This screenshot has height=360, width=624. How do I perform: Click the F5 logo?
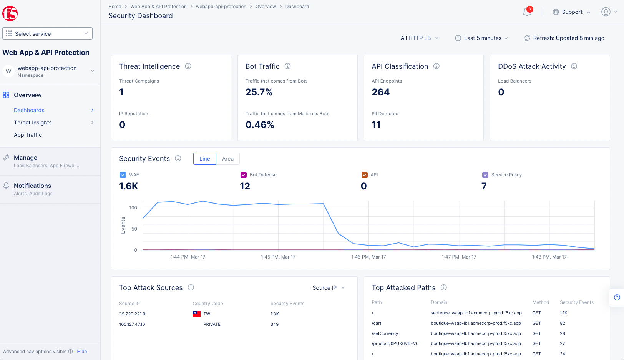(10, 13)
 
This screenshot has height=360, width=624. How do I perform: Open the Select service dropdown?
(47, 33)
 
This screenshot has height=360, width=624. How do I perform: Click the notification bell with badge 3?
(527, 12)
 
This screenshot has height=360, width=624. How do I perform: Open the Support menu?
(571, 12)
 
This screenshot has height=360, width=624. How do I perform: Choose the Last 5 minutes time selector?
(481, 38)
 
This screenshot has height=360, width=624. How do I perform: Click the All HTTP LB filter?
(419, 38)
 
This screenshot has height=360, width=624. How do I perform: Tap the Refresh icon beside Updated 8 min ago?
(527, 38)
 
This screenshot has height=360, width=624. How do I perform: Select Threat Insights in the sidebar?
(33, 123)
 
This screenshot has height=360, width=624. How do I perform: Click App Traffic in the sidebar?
(28, 135)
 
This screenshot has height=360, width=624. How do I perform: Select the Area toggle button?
(227, 159)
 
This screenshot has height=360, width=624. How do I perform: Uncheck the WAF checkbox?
(123, 175)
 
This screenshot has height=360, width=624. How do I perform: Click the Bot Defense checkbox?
(244, 175)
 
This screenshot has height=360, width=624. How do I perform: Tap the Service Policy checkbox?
(485, 175)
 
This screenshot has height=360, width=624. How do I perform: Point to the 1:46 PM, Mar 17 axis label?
(368, 257)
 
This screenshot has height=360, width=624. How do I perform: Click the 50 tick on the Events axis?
(134, 229)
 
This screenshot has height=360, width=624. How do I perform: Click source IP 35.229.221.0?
(132, 314)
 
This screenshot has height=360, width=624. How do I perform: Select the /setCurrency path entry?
(385, 333)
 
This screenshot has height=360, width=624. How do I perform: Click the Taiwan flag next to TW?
(197, 314)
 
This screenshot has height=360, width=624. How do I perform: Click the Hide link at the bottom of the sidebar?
(82, 352)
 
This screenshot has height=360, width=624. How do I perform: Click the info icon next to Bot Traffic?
(287, 66)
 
